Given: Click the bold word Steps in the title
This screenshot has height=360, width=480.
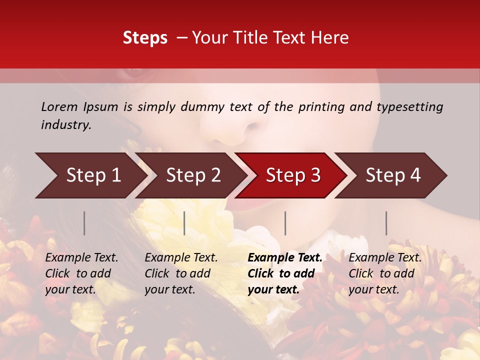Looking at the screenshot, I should point(145,37).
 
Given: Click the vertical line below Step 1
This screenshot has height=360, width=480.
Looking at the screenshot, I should point(84,223).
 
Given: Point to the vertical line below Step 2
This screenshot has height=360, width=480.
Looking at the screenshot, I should point(184,223).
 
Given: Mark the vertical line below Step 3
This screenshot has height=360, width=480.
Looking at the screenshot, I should point(285,223).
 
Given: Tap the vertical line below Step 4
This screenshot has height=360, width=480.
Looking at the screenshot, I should point(386,223).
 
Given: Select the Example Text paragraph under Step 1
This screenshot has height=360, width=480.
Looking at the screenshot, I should point(81,273).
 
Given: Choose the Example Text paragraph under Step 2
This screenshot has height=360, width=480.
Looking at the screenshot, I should point(181,273).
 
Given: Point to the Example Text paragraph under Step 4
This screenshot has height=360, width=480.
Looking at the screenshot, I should point(385,273).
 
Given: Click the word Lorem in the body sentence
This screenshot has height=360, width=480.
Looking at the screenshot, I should point(59,106).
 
